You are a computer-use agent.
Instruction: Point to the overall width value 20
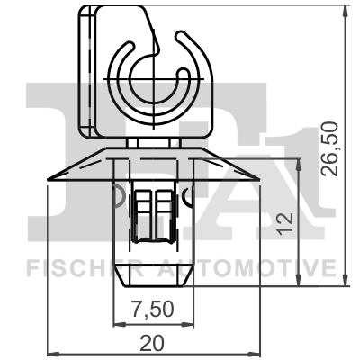(153, 342)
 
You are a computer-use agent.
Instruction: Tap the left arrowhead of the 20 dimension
(50, 351)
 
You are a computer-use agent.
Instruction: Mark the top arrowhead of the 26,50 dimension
(346, 11)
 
